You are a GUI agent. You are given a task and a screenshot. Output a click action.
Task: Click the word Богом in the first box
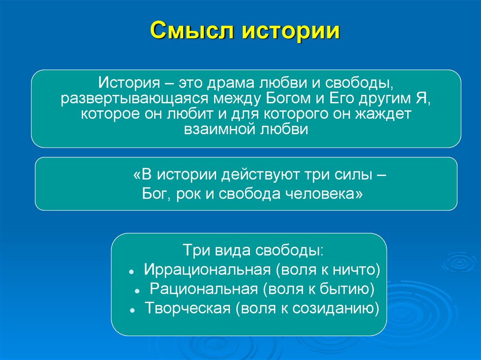click(x=283, y=100)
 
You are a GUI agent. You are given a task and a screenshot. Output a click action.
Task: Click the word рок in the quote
click(x=189, y=193)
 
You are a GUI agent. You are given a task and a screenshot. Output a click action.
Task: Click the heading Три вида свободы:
click(x=252, y=250)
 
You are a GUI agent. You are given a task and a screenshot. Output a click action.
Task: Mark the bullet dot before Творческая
click(x=133, y=311)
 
